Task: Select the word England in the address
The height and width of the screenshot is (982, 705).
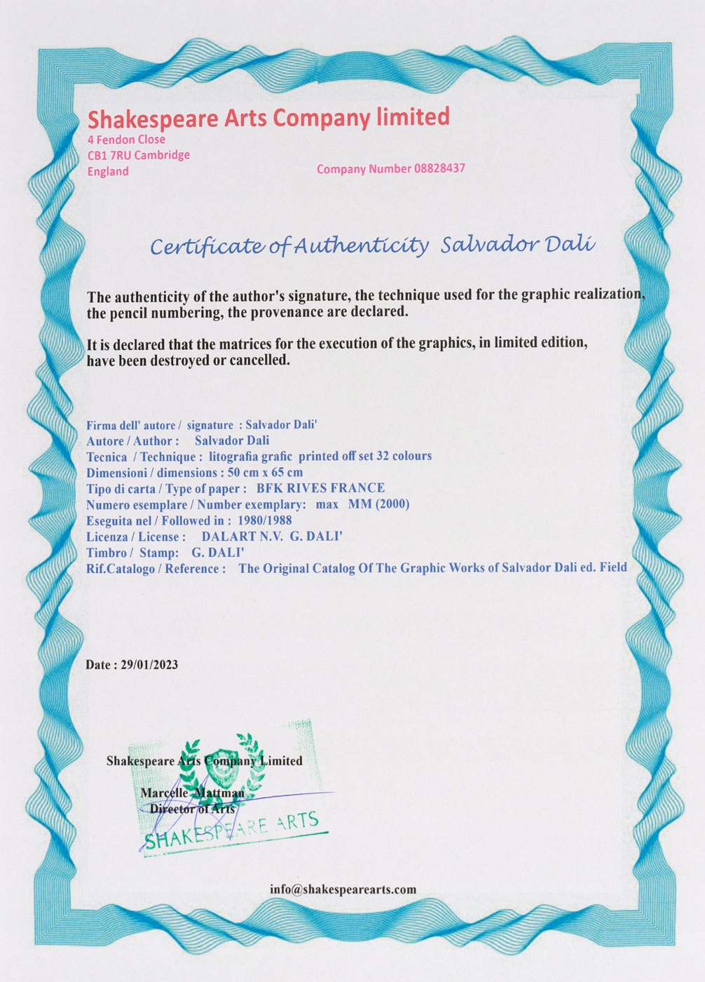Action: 108,171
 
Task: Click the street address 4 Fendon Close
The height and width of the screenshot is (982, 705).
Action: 126,140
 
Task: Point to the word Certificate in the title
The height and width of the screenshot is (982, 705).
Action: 207,246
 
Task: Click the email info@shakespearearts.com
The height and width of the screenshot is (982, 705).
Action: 343,889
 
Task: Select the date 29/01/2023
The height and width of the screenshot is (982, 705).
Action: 149,665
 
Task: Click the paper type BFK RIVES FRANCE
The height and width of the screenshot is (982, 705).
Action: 320,488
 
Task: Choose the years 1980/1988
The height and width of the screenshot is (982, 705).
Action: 265,520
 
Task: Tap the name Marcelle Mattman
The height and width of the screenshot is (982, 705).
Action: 193,793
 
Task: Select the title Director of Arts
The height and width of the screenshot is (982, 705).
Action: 193,809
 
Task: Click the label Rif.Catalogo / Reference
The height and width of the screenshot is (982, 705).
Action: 156,569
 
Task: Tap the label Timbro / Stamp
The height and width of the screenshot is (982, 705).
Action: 132,553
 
